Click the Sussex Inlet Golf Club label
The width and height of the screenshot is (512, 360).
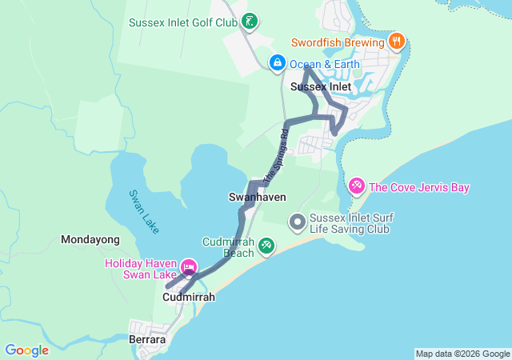click(x=183, y=22)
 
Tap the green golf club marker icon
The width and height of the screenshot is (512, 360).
click(x=250, y=22)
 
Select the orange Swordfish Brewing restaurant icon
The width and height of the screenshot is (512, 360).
click(x=395, y=40)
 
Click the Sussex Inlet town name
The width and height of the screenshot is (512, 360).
click(x=321, y=86)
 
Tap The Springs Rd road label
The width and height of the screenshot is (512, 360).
click(x=274, y=154)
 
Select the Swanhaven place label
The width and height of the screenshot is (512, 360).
click(x=257, y=197)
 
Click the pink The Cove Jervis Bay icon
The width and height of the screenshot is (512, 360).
click(x=357, y=186)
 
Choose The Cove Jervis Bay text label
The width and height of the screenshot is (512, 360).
click(x=418, y=187)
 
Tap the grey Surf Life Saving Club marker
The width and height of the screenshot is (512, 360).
click(x=298, y=221)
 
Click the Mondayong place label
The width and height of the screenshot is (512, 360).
click(x=90, y=239)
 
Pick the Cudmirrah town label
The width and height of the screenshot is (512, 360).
click(x=189, y=297)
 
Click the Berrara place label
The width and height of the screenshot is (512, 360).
click(x=147, y=340)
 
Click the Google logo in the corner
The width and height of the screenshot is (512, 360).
click(x=27, y=350)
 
